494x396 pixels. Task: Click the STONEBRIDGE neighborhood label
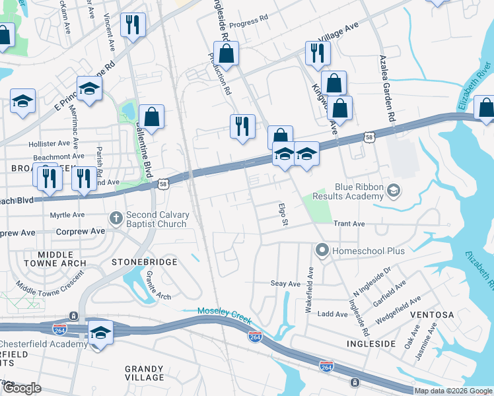pos(144,262)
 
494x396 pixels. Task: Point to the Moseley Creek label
pos(225,312)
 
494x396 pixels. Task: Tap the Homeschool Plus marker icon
pos(322,250)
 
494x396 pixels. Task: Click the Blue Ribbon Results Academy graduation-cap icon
pos(394,191)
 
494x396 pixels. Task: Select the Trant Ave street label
pos(349,224)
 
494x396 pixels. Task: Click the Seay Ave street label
pos(285,283)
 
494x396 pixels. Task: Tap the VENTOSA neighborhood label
pos(433,315)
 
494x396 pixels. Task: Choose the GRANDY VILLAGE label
pos(145,373)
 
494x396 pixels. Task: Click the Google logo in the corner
pos(22,388)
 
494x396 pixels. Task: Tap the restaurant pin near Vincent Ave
pos(133,26)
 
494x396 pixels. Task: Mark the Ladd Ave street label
pos(332,314)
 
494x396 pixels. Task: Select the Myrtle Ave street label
pos(67,215)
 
